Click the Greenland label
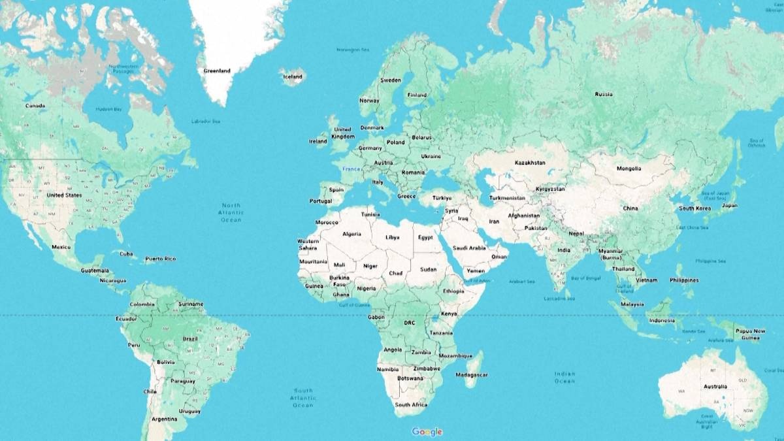[x=217, y=71]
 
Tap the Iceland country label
[x=293, y=76]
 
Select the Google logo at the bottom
[x=427, y=431]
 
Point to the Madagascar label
[x=472, y=375]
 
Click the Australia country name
[x=715, y=387]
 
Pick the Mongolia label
[x=629, y=169]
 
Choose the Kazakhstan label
[x=530, y=162]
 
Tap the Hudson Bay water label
[x=108, y=109]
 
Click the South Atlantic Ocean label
[x=303, y=398]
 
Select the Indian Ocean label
[x=564, y=377]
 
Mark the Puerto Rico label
[x=160, y=259]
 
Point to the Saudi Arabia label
[x=469, y=248]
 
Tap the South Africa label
[x=411, y=405]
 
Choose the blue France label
[x=351, y=169]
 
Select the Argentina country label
[x=164, y=419]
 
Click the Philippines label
[x=684, y=280]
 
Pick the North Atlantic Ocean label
[x=231, y=212]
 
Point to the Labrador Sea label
[x=206, y=122]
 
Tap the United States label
[x=64, y=195]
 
